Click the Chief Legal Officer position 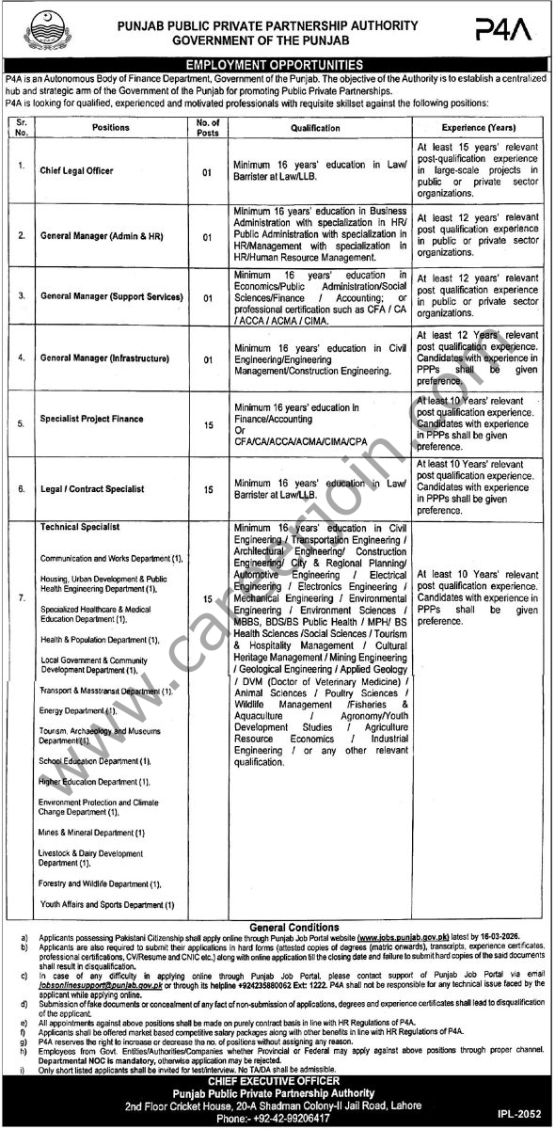[76, 169]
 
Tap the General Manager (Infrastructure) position [104, 358]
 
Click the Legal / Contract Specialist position [92, 488]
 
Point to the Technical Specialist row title [79, 528]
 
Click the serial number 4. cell [20, 358]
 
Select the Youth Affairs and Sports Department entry [107, 904]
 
